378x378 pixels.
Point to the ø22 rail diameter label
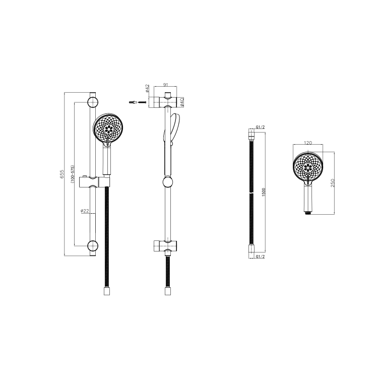[85, 211]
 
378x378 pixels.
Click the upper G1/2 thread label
[261, 127]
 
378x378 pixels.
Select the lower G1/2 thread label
[261, 257]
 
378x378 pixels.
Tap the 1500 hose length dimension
[263, 192]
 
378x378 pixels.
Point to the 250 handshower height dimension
[332, 182]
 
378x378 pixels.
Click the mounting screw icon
[137, 102]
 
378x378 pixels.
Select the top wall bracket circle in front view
[92, 103]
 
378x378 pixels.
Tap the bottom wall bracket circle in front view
[92, 246]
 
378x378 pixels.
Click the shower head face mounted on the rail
[108, 128]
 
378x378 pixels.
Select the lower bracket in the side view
[166, 246]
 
